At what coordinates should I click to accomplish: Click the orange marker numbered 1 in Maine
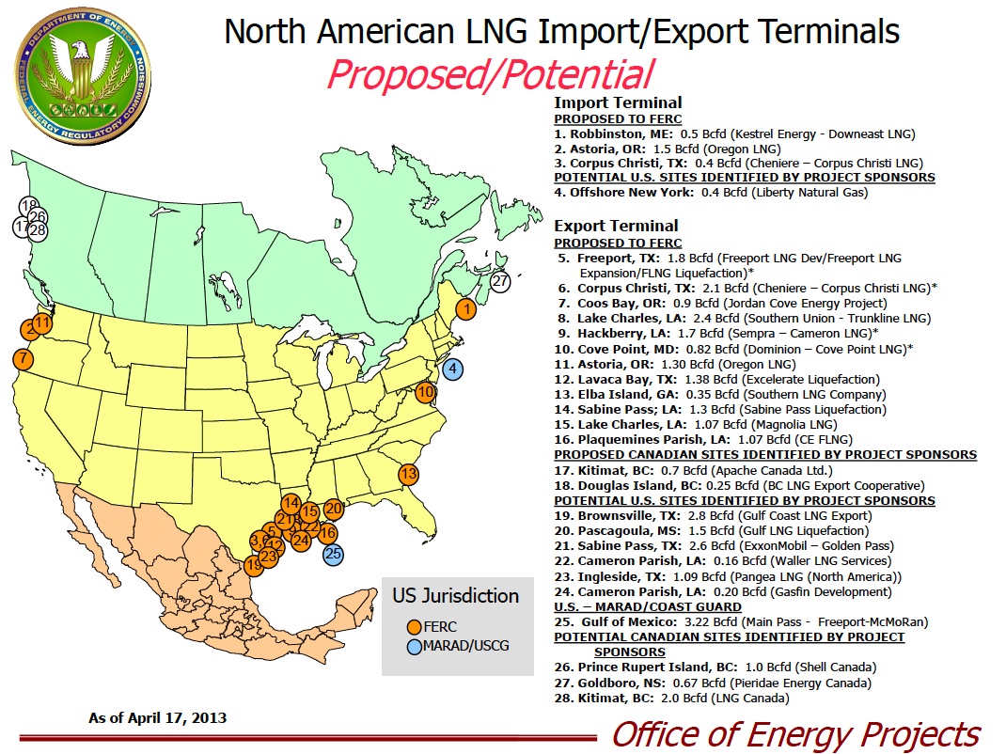[464, 308]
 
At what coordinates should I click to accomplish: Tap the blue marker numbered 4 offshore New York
[453, 369]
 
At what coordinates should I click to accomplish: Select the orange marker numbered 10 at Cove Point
[425, 392]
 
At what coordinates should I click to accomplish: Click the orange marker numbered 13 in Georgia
[408, 475]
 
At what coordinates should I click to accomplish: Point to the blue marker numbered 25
[332, 554]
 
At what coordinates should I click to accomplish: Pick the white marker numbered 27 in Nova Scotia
[500, 280]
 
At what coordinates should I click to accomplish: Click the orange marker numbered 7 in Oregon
[23, 358]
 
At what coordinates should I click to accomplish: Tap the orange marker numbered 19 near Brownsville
[253, 565]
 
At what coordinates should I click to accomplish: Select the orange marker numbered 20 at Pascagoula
[333, 509]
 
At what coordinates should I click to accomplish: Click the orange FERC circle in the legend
[414, 627]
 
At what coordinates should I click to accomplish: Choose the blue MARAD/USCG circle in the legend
[414, 647]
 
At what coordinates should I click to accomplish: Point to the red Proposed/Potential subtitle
[489, 74]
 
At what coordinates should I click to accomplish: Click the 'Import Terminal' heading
[618, 102]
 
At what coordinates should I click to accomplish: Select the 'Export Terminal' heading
[616, 226]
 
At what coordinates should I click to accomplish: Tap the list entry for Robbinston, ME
[733, 134]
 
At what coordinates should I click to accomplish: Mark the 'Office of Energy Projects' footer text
[795, 733]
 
